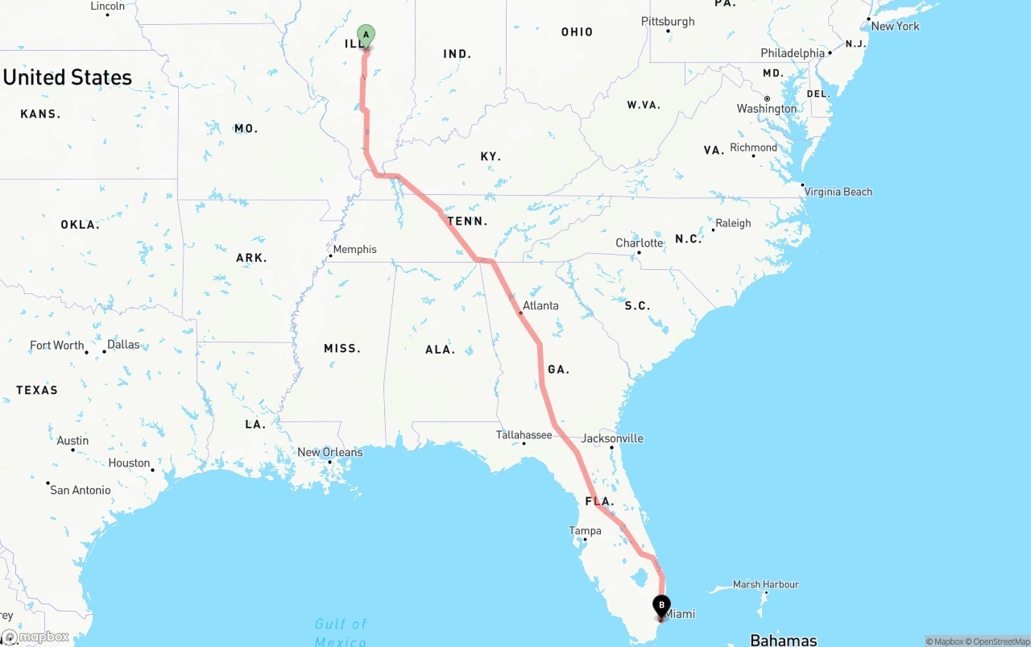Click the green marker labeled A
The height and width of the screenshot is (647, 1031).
tap(366, 35)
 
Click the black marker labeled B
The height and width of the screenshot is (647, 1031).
tap(661, 605)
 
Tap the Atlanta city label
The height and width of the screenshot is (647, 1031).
tap(540, 305)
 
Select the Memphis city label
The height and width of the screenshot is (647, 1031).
tap(354, 249)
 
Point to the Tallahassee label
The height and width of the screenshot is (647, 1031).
tap(524, 434)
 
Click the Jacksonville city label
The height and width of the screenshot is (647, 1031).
tap(612, 438)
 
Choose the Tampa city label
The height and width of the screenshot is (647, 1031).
tap(585, 530)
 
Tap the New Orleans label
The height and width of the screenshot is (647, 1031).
tap(329, 452)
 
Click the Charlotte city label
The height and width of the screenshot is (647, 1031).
tap(640, 243)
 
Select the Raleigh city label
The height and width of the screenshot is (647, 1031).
tap(733, 223)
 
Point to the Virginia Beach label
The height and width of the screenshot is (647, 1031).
tap(838, 192)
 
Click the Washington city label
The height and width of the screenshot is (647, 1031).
tap(766, 109)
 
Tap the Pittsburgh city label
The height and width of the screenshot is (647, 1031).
tap(668, 21)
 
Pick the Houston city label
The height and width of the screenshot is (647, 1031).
tap(130, 462)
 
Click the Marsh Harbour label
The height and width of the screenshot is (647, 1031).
tap(765, 584)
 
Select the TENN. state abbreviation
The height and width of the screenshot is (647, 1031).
tap(468, 221)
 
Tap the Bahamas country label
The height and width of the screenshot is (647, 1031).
tap(783, 640)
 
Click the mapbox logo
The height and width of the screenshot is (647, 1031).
tap(35, 637)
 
